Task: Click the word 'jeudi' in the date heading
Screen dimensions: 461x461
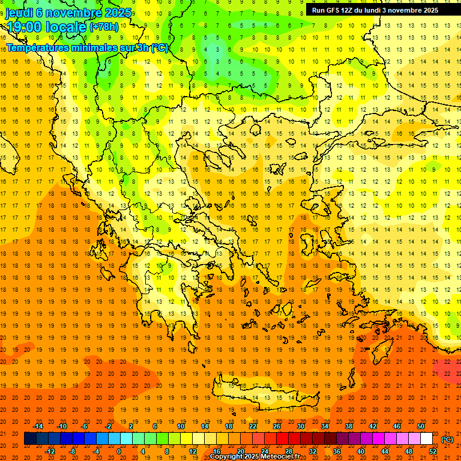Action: point(19,12)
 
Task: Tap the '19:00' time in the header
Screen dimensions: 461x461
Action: point(23,26)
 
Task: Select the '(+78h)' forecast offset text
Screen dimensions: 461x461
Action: point(103,27)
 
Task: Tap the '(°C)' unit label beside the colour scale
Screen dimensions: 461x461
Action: point(447,439)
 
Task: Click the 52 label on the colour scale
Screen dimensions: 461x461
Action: point(433,451)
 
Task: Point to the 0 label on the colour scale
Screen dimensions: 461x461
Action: point(119,451)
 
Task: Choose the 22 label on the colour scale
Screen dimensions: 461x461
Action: point(253,426)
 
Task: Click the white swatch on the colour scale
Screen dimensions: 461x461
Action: point(427,439)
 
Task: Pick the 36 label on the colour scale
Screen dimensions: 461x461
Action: point(337,451)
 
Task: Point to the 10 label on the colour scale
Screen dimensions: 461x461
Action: point(181,426)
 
